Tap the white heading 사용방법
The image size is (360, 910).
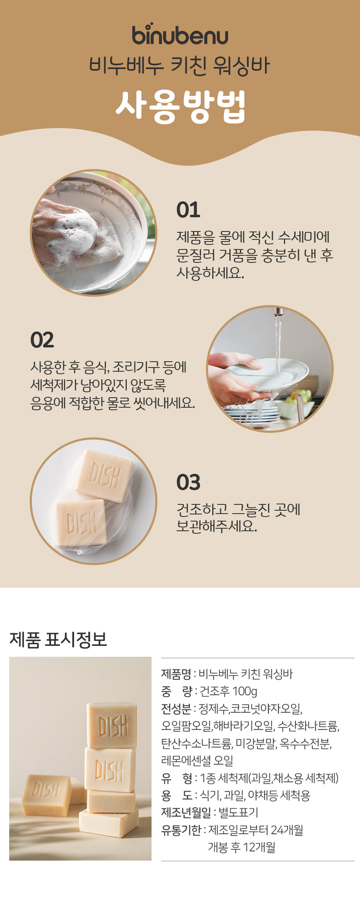tap(180, 107)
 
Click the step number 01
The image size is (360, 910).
tap(188, 210)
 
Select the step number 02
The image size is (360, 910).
tap(42, 340)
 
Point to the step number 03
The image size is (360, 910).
tap(188, 482)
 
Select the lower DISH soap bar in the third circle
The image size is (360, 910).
tap(81, 523)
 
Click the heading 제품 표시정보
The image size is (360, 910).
tap(58, 639)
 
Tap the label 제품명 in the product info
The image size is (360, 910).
tap(176, 674)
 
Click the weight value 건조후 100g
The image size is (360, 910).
tap(229, 691)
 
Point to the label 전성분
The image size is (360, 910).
tap(176, 709)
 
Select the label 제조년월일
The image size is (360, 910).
tap(186, 812)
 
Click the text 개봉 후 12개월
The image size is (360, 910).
tap(242, 847)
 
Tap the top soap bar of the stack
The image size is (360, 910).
tap(112, 725)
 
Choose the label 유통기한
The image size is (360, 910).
tap(181, 830)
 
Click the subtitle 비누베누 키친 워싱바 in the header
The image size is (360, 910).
tap(180, 66)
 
